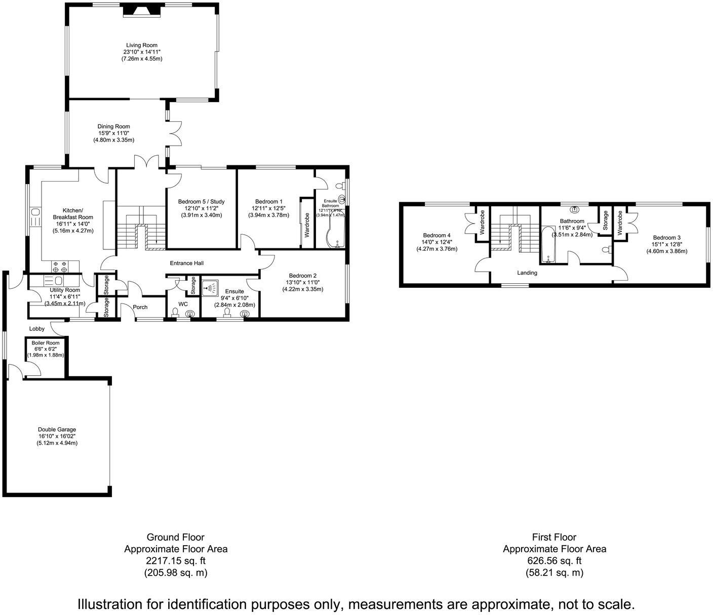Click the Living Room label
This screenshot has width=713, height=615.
141,45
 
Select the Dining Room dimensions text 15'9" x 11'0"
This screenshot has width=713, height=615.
113,134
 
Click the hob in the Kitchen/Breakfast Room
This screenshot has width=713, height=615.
60,266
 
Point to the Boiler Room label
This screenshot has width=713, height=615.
46,343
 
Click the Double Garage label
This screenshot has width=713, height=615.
57,429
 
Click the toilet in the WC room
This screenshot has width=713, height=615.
175,312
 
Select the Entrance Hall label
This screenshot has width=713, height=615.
187,263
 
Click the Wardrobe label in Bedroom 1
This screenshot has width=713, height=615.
307,225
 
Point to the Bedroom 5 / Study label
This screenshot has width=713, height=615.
202,202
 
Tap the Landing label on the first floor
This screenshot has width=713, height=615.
527,273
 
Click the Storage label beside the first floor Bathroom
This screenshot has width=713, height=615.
605,221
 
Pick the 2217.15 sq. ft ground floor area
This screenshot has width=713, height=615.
176,560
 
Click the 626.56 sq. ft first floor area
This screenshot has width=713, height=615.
554,560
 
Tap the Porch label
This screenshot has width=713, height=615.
140,307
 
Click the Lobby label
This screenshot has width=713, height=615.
37,329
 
